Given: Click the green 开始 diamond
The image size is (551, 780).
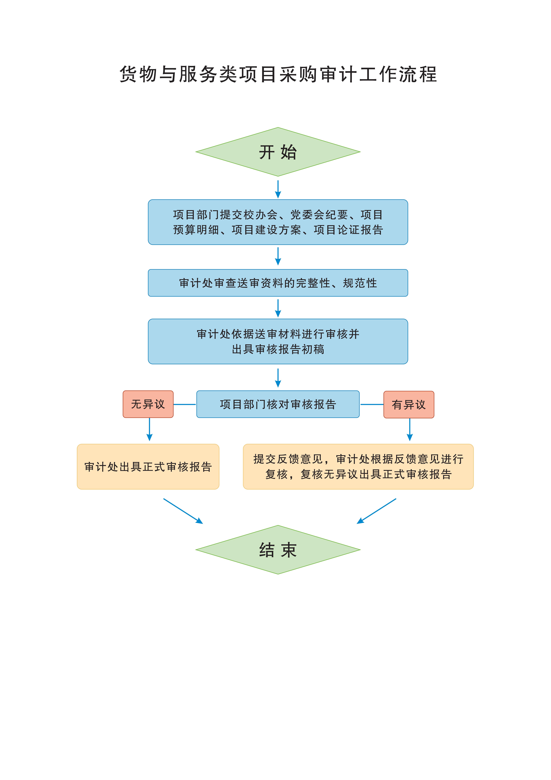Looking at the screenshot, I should point(278,152).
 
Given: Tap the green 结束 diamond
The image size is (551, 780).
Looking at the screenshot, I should point(278,550).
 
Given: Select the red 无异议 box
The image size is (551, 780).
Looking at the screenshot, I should point(148,404).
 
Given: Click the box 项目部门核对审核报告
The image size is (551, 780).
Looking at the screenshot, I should point(278,404).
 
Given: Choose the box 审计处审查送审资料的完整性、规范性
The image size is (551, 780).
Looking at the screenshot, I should point(278,283).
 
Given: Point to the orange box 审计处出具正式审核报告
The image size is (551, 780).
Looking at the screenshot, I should point(148,466).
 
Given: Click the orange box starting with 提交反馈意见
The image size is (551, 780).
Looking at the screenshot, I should point(358,466).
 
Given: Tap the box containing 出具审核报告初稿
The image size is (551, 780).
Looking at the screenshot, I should point(278,341).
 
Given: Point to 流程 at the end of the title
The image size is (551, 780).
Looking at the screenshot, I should point(418,74).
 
